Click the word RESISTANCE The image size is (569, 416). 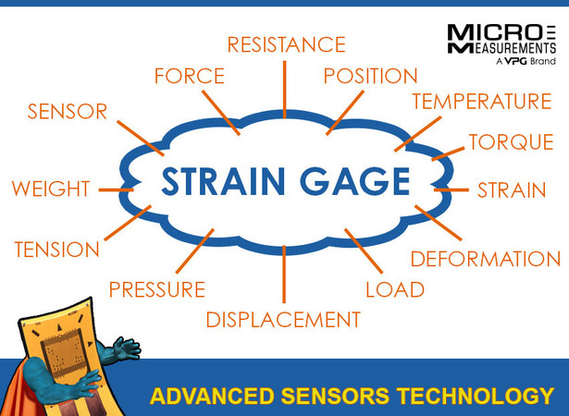click(286, 44)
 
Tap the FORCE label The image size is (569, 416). click(190, 76)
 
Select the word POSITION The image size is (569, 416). click(370, 76)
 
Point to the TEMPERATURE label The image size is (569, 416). click(482, 101)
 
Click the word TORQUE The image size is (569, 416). click(512, 141)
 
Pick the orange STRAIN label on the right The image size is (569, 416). click(512, 190)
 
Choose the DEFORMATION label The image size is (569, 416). click(486, 259)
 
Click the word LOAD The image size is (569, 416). click(395, 289)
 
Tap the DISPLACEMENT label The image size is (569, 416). click(283, 320)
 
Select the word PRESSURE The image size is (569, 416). click(157, 289)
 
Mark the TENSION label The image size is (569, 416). click(57, 250)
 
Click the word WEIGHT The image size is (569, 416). click(51, 189)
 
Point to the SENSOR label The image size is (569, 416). click(68, 111)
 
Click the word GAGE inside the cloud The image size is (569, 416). click(355, 181)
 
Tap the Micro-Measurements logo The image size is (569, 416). click(501, 43)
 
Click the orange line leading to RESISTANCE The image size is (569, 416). click(285, 90)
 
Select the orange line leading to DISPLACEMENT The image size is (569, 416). click(284, 275)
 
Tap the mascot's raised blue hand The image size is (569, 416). click(126, 349)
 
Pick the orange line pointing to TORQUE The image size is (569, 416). click(448, 153)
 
